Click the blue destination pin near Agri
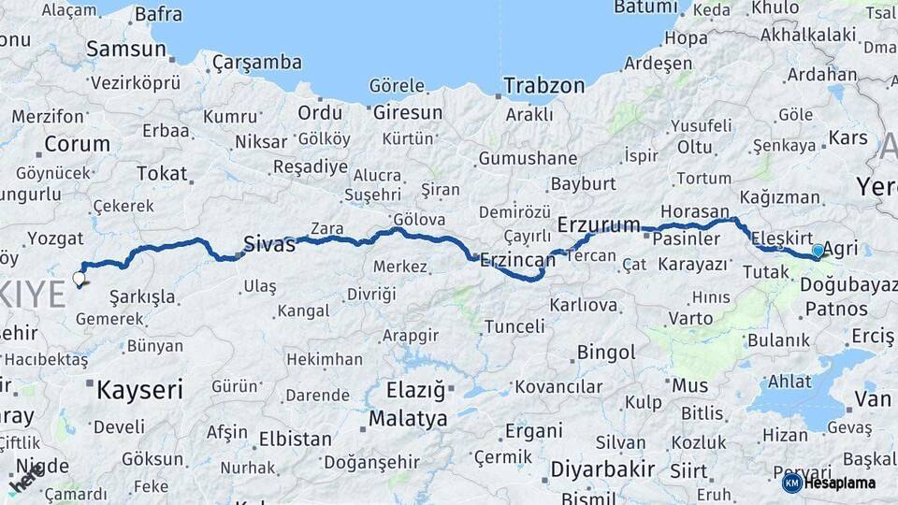tap(818, 251)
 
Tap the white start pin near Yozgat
tap(79, 278)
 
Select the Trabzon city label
tap(543, 86)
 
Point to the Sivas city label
tap(268, 244)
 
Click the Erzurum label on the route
tap(599, 225)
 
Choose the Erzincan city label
tap(517, 261)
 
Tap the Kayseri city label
tap(140, 389)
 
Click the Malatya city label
tap(408, 418)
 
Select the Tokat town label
tap(162, 173)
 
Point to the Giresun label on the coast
tap(408, 112)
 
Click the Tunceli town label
tap(514, 326)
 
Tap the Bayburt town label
tap(583, 184)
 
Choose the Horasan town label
tap(694, 211)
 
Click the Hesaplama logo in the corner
tap(830, 483)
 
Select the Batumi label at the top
tap(645, 7)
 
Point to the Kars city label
tap(848, 138)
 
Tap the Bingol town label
tap(606, 353)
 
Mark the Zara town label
tap(326, 227)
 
